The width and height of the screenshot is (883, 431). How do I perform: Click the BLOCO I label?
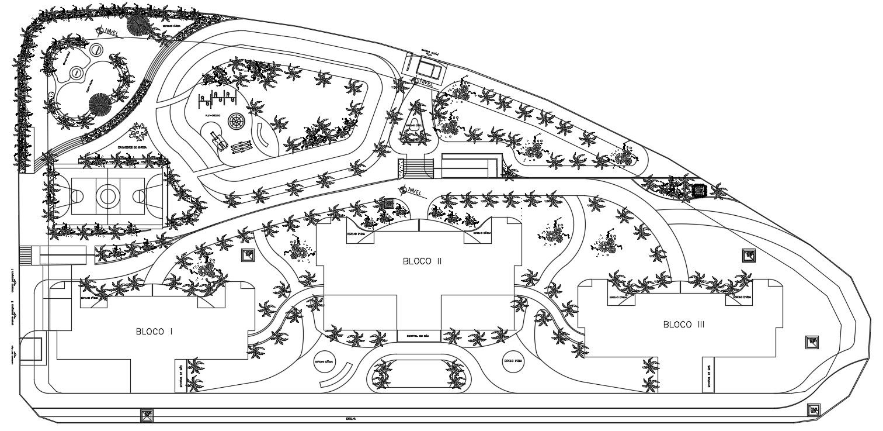(154, 332)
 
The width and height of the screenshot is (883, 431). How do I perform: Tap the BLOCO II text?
(422, 261)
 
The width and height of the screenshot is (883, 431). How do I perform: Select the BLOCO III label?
(683, 324)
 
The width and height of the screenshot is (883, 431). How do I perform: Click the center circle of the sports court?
(107, 195)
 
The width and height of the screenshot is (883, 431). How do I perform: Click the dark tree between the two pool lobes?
(100, 105)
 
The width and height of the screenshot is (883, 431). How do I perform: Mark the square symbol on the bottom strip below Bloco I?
(147, 416)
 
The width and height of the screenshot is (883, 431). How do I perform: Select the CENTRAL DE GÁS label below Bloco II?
(418, 336)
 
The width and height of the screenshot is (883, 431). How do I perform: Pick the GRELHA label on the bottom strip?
(351, 419)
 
